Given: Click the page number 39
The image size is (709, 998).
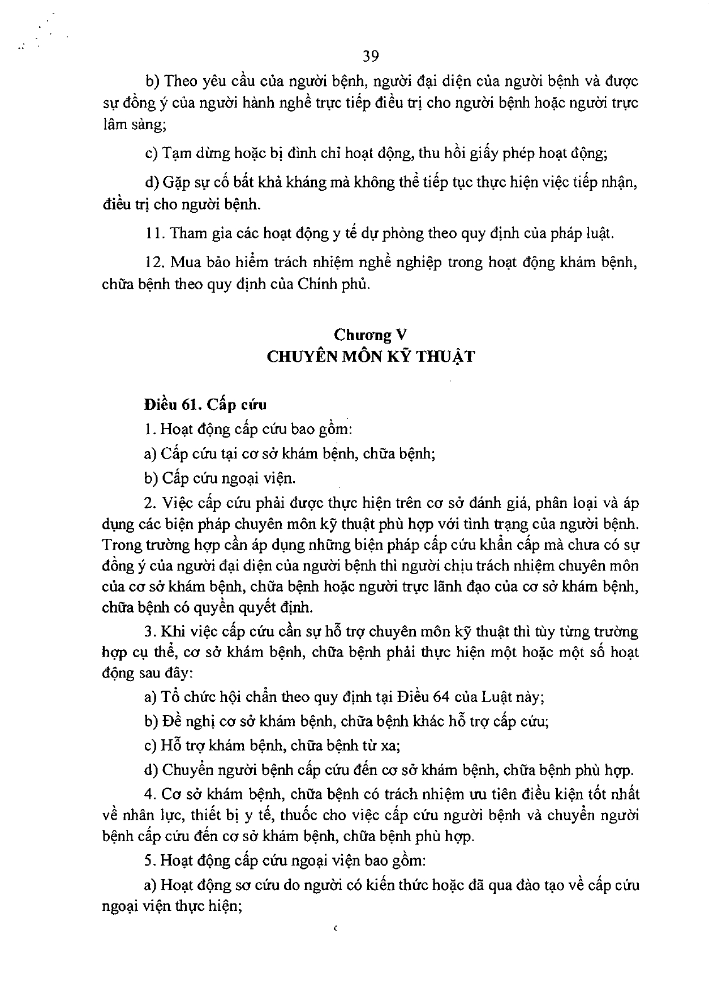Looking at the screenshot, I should tap(371, 55).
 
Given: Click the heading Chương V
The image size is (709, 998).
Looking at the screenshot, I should tap(371, 335).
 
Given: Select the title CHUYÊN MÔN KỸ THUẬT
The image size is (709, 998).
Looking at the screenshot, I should tap(371, 357).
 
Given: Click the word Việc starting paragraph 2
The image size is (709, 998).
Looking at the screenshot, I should tap(178, 503).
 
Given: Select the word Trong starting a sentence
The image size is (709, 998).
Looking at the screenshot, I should tap(120, 545).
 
